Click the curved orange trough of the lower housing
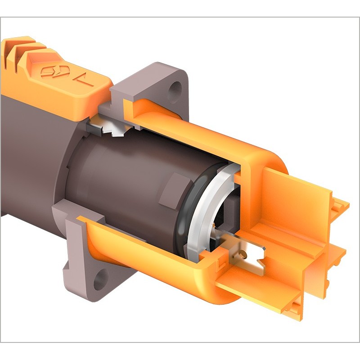135,252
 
